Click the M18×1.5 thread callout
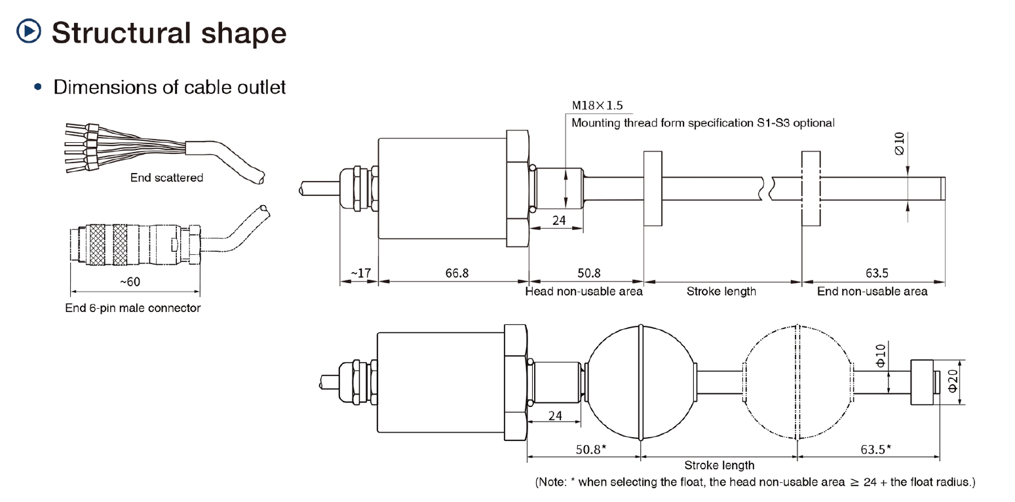coord(597,106)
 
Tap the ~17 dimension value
coord(360,273)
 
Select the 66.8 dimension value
coord(457,273)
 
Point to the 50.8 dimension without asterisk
coord(588,273)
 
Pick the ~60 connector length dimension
coord(130,282)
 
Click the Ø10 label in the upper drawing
coord(898,142)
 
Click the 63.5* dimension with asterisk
coord(875,450)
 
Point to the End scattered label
coord(166,178)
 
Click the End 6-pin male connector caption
coord(133,308)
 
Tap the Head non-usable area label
coord(584,292)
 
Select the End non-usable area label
coord(872,292)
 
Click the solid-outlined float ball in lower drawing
coord(639,383)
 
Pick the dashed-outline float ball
coord(797,383)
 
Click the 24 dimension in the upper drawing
coord(558,220)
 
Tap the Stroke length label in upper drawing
coord(721,292)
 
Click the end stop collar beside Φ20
coord(922,383)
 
